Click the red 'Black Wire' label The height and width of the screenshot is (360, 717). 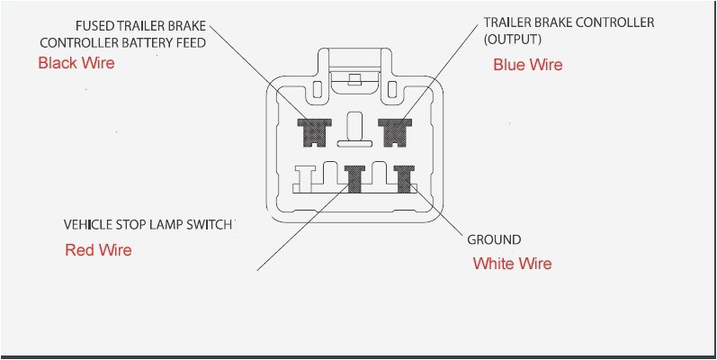click(x=76, y=63)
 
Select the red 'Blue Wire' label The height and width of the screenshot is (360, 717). click(x=527, y=65)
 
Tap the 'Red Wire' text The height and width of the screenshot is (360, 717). click(x=98, y=250)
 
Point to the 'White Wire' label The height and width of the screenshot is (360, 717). click(x=512, y=264)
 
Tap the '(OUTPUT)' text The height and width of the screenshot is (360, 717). click(x=513, y=40)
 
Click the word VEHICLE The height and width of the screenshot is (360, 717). click(x=86, y=223)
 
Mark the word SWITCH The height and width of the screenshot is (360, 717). click(x=209, y=223)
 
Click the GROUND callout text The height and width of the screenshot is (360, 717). click(x=494, y=239)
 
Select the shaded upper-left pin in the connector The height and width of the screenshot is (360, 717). click(x=314, y=132)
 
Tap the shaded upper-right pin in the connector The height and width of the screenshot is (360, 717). click(x=393, y=132)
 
